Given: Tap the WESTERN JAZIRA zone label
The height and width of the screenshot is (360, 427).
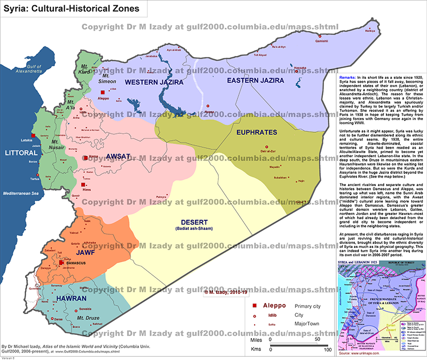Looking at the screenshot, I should (x=154, y=82).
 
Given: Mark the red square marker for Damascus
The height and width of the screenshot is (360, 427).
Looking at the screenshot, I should (x=62, y=263).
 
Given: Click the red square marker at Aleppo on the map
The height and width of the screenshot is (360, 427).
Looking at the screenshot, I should (x=101, y=92).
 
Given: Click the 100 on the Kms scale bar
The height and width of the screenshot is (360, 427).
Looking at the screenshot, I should (x=328, y=350).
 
